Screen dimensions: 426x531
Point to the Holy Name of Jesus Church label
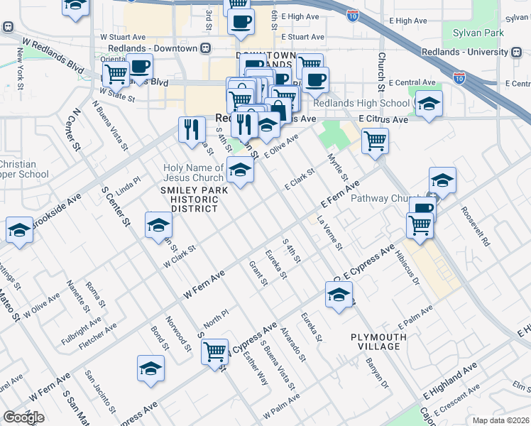193,173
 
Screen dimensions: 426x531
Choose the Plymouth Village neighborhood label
379,342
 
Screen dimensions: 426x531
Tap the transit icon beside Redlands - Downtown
205,48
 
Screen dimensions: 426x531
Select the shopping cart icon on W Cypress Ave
214,351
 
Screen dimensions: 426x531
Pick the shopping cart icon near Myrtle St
375,140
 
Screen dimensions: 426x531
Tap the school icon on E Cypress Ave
339,293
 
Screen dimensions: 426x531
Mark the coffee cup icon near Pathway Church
422,209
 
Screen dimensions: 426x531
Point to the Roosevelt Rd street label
475,226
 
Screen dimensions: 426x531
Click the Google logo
23,417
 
